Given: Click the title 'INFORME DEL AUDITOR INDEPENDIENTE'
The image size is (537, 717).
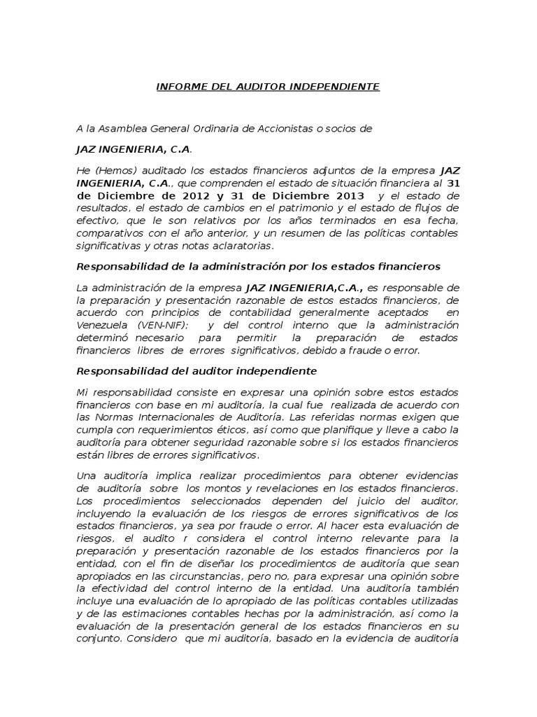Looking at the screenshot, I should tap(267, 87).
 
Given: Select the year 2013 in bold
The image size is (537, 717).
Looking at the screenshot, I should tap(348, 195).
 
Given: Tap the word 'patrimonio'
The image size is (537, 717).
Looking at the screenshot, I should tap(308, 207).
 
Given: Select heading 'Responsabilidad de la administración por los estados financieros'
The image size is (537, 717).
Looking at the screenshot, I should tap(257, 266).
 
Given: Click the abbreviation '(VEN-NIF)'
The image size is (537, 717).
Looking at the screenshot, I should tap(159, 325).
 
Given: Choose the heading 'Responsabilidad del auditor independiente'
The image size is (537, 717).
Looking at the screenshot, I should tap(196, 370).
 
